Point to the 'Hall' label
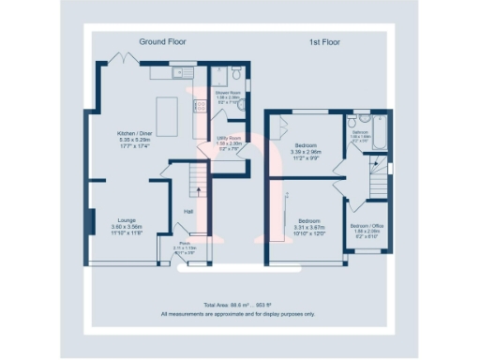point(187,212)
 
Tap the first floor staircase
point(377,183)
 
